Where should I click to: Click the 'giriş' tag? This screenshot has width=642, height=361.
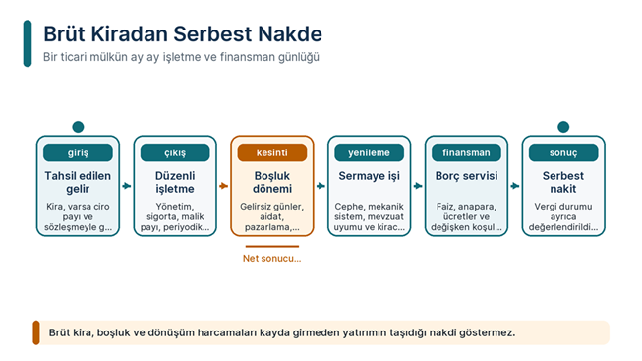pyautogui.click(x=78, y=152)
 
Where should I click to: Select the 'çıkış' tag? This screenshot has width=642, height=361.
pyautogui.click(x=175, y=152)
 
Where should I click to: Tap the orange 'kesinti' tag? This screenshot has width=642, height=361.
pyautogui.click(x=272, y=152)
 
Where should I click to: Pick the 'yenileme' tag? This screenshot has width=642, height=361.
pyautogui.click(x=369, y=152)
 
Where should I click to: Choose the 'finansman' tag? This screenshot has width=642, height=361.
pyautogui.click(x=466, y=152)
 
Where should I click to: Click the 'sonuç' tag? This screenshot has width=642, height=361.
pyautogui.click(x=563, y=152)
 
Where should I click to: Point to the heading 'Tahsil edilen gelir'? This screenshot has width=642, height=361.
pyautogui.click(x=78, y=182)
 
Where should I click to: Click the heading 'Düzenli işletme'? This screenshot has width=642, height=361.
pyautogui.click(x=175, y=182)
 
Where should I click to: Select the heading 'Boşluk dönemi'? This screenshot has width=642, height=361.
pyautogui.click(x=272, y=182)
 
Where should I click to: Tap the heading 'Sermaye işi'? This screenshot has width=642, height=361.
pyautogui.click(x=369, y=176)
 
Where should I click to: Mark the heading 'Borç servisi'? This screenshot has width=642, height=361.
pyautogui.click(x=466, y=176)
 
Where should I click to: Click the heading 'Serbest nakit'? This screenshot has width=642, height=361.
pyautogui.click(x=563, y=182)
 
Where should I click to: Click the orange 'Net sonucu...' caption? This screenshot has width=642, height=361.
pyautogui.click(x=272, y=258)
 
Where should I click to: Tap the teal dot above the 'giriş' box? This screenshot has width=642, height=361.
pyautogui.click(x=78, y=127)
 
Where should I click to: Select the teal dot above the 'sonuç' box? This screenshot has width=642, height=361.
pyautogui.click(x=563, y=127)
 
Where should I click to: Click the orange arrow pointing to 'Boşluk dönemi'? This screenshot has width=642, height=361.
pyautogui.click(x=223, y=186)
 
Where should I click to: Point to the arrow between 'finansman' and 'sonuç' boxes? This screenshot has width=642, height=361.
pyautogui.click(x=515, y=186)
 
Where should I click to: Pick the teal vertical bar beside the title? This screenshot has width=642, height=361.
pyautogui.click(x=28, y=43)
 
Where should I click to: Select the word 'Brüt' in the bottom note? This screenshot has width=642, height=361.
pyautogui.click(x=59, y=332)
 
